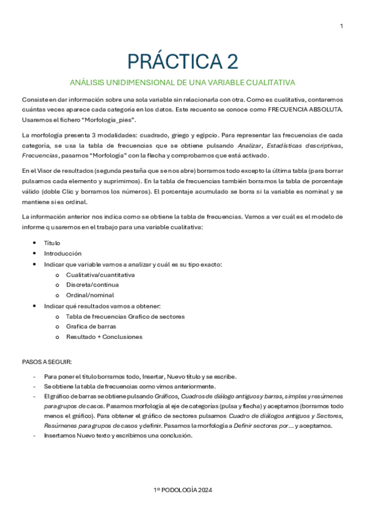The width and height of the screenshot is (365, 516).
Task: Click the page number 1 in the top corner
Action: (x=341, y=26)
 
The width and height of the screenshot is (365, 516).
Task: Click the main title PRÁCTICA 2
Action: (x=182, y=61)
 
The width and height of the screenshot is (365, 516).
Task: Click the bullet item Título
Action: (x=52, y=242)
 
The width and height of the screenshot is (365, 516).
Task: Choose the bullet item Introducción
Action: (x=63, y=253)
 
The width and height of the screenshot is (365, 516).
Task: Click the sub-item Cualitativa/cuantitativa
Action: (x=101, y=274)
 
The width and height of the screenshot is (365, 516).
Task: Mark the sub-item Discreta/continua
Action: (x=92, y=284)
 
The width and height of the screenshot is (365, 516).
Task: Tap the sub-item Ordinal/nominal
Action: (x=90, y=295)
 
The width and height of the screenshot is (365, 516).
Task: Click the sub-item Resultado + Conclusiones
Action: (x=104, y=336)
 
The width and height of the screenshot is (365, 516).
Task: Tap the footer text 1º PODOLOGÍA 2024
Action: (x=182, y=489)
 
